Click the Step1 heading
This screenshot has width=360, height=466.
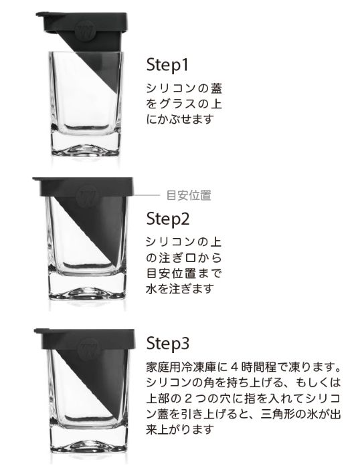pos(168,66)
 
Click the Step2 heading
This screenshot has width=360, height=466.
pos(168,219)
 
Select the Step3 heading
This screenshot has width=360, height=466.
pos(168,345)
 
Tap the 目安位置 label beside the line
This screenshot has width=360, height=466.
pos(188,195)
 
